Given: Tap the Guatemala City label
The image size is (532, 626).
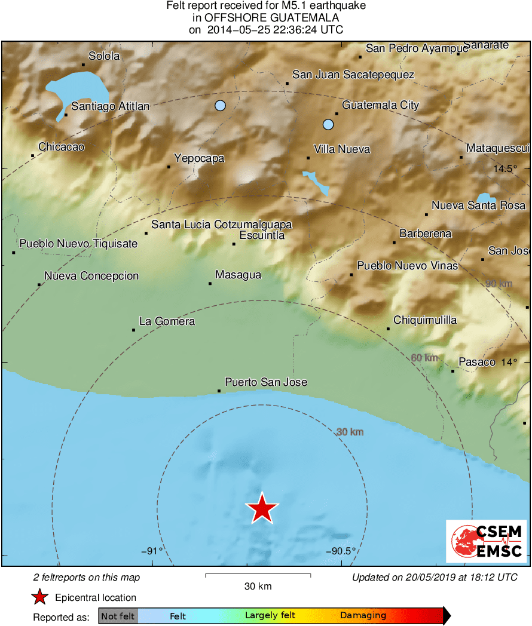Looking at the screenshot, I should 380,105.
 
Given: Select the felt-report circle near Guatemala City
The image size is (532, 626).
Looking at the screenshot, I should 328,124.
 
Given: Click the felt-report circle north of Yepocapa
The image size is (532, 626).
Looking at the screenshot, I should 220,106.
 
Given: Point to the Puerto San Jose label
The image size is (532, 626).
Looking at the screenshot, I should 266,382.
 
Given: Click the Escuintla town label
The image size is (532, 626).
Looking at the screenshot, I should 262,235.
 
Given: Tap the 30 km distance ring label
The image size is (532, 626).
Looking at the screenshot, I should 350,432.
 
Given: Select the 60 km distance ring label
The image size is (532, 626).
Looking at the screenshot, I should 424,358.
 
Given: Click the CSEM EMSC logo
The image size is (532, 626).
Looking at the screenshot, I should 486,541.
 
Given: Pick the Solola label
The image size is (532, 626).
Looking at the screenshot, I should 104,56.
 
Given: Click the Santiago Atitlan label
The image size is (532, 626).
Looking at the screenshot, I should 110,106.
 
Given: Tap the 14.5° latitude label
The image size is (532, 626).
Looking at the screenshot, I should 505,169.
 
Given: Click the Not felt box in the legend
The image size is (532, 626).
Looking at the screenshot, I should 118,616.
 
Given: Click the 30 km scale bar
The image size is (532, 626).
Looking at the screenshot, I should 258,575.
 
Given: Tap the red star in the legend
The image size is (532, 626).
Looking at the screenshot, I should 39,597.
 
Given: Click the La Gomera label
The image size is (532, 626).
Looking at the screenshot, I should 167,321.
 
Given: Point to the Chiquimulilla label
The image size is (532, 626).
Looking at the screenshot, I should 425,320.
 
